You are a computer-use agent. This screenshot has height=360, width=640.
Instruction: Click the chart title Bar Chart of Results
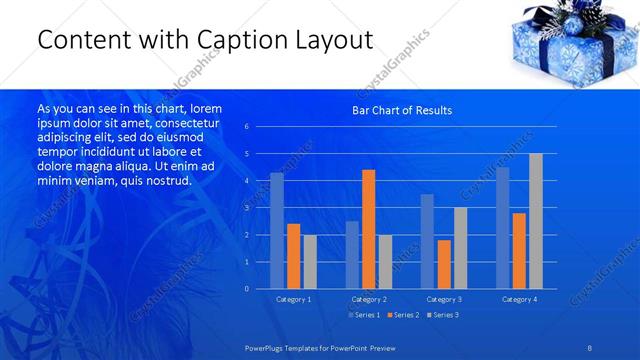[401, 110]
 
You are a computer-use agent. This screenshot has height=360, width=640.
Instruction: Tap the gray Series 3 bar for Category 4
[536, 221]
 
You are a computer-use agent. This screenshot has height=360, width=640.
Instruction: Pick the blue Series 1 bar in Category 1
[277, 231]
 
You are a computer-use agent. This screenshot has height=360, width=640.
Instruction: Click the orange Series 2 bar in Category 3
[443, 264]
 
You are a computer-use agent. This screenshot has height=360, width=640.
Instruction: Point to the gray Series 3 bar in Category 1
[310, 261]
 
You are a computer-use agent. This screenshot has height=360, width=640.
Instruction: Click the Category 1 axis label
[293, 299]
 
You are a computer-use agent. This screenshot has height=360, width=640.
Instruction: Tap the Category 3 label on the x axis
[444, 299]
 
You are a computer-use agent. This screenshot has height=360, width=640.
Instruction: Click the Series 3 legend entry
[443, 315]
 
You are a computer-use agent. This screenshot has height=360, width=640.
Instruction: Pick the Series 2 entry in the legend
[403, 315]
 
